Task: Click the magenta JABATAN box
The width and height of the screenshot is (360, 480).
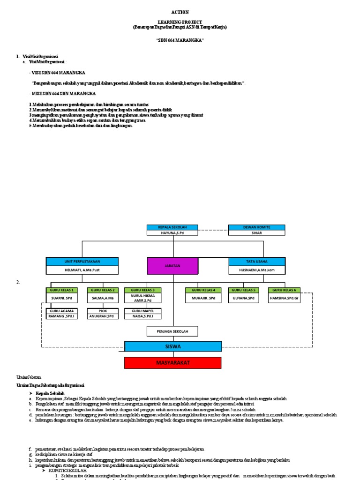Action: coord(172,266)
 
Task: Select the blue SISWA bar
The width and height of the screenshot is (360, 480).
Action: coord(172,346)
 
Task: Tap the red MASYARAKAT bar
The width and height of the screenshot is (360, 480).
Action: coord(172,363)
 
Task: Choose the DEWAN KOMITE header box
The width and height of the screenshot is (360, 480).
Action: coord(256,227)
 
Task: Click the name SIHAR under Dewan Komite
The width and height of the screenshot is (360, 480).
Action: coord(256,233)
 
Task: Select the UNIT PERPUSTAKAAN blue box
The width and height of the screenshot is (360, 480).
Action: coord(82,262)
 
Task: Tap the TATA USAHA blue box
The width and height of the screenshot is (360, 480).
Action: coord(257,262)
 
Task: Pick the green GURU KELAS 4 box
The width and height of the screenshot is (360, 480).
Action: coord(203,290)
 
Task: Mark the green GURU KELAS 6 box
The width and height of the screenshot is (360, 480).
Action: coord(285,290)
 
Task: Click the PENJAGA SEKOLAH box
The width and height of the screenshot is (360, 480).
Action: coord(172,331)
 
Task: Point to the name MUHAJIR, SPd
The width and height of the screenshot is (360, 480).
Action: coord(203,298)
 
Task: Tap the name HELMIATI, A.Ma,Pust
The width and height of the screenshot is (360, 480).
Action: coord(82,270)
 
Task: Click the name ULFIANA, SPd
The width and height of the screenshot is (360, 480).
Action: coord(244,298)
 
